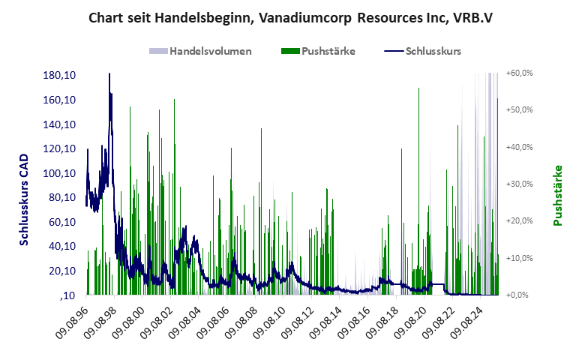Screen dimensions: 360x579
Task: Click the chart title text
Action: pyautogui.click(x=289, y=17)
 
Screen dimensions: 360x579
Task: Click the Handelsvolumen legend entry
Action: pyautogui.click(x=209, y=52)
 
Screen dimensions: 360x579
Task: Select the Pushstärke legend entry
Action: pyautogui.click(x=328, y=52)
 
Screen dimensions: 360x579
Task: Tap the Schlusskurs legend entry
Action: pyautogui.click(x=433, y=52)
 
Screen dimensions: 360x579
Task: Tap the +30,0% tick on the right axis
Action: pyautogui.click(x=519, y=184)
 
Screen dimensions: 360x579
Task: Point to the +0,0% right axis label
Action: pyautogui.click(x=520, y=295)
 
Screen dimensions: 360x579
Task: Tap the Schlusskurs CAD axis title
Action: pyautogui.click(x=23, y=196)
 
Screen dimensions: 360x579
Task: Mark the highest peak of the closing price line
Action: pyautogui.click(x=109, y=74)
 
